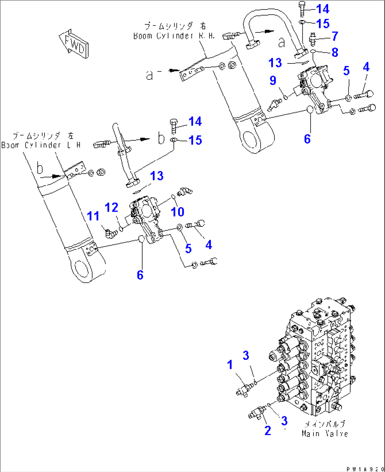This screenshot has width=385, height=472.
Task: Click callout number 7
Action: (334, 36)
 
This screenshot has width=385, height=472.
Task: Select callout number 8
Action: (334, 52)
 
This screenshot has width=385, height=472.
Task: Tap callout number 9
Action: (273, 80)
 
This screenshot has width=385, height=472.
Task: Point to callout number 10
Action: (178, 212)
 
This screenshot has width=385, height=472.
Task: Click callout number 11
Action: (93, 216)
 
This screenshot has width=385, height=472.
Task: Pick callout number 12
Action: (112, 207)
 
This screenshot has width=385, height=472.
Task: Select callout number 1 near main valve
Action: (230, 364)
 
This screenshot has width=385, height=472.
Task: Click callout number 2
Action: (267, 430)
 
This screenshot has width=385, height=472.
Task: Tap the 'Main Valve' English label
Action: (325, 434)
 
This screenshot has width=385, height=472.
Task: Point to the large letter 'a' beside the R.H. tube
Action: (282, 43)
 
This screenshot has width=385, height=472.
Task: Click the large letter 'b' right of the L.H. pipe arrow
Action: (161, 138)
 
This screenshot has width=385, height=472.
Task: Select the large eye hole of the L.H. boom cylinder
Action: (82, 268)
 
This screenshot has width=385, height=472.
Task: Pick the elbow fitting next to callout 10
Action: (185, 192)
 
